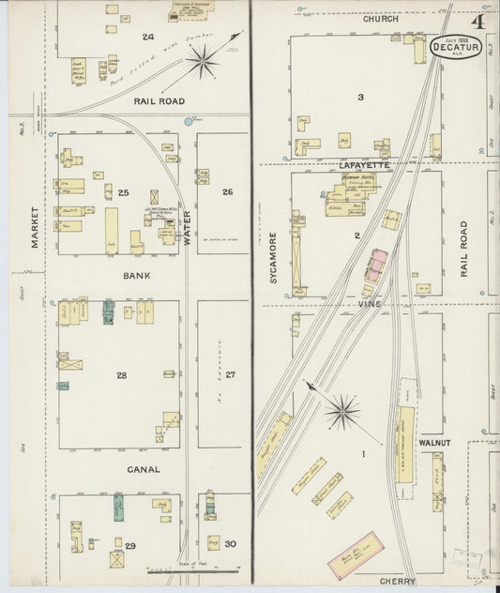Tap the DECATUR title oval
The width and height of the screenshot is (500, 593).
tap(457, 47)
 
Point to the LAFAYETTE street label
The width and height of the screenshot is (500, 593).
tap(353, 163)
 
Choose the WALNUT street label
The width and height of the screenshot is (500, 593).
tap(434, 441)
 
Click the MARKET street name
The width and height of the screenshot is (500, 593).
tap(35, 226)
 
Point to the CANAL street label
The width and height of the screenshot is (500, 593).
tap(144, 469)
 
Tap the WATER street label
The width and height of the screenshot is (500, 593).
tap(187, 229)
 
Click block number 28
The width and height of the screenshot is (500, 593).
tap(122, 375)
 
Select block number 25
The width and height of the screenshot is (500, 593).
tap(123, 192)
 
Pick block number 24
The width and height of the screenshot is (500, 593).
tap(147, 37)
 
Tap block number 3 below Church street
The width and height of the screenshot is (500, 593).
tap(359, 97)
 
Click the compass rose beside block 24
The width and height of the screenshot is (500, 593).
tap(201, 63)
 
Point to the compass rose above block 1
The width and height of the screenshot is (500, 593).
tap(342, 410)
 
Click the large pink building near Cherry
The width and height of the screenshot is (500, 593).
tap(359, 555)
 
